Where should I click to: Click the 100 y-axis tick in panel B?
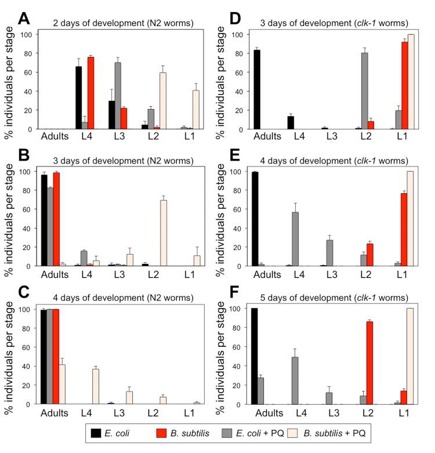26,172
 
